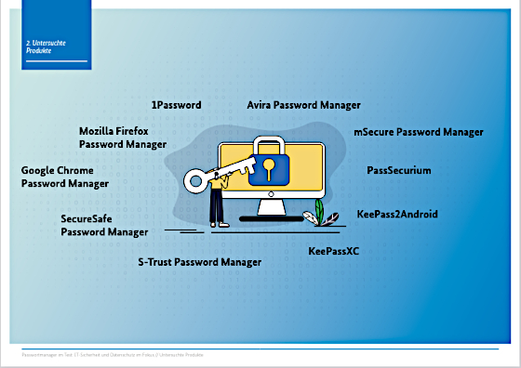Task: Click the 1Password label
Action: (176, 105)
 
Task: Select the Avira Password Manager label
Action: (303, 105)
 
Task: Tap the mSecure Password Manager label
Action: (419, 132)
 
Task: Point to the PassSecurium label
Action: (399, 171)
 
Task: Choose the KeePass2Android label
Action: (397, 214)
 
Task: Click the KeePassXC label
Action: (334, 251)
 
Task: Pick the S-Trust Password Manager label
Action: (200, 263)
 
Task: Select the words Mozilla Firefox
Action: (114, 132)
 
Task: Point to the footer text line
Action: (113, 354)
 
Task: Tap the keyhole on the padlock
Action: (268, 168)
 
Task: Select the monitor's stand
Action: (271, 209)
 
